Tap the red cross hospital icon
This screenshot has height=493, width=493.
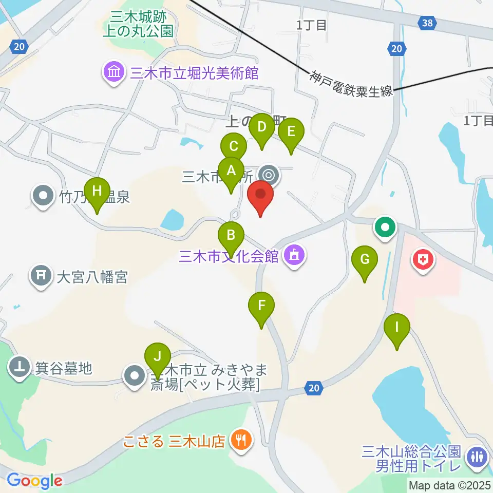click(423, 260)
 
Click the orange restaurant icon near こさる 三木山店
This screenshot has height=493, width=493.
click(240, 440)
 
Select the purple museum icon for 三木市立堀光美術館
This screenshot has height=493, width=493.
click(114, 73)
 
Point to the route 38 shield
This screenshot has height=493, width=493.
click(427, 23)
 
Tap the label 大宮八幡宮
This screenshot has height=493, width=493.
click(92, 278)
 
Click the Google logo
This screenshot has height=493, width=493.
click(34, 481)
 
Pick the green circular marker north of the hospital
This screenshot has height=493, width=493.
click(385, 226)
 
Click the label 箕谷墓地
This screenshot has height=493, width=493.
click(63, 368)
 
